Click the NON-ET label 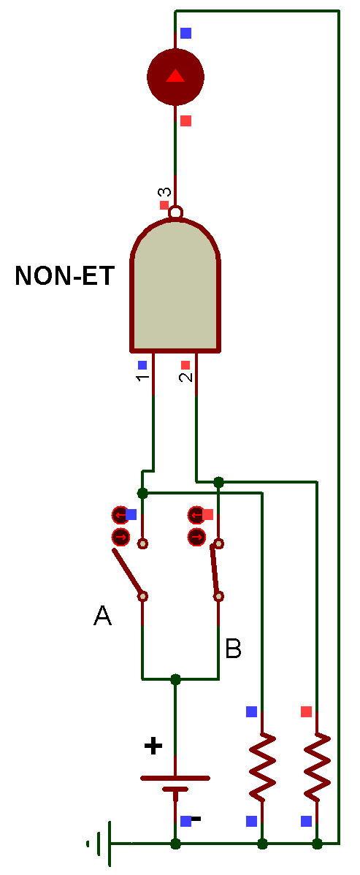[64, 275]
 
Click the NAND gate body [175, 286]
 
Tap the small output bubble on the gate [176, 213]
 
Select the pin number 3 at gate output [164, 193]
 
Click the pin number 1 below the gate [142, 378]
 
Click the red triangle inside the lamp [175, 75]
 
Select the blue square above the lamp [186, 33]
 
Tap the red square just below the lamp [186, 121]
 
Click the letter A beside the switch [102, 616]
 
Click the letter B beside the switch [233, 649]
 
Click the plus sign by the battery [153, 745]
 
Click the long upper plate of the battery [175, 777]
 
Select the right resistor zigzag [317, 768]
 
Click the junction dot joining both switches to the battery [176, 679]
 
